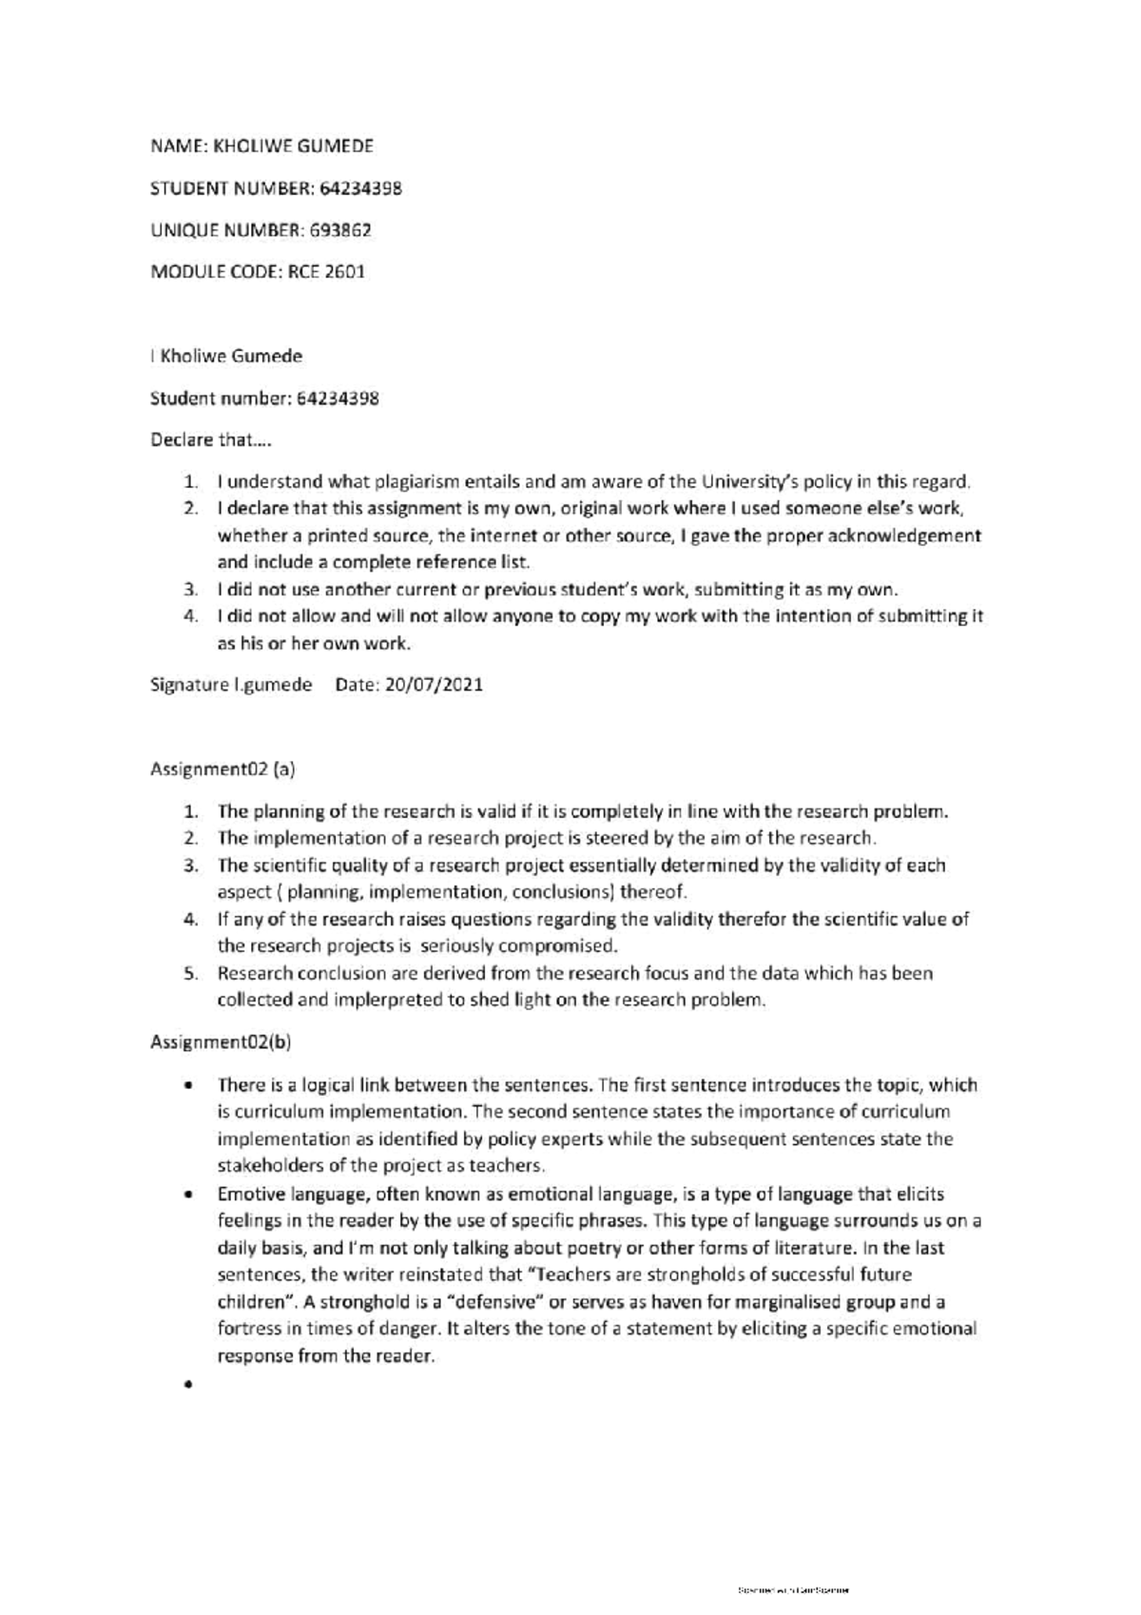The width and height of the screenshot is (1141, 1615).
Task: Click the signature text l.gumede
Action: coord(273,685)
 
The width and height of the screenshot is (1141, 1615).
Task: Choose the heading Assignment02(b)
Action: coord(221,1042)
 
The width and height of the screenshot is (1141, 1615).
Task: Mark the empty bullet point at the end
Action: coord(188,1385)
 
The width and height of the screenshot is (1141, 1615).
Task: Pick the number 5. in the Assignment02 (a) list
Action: coord(190,974)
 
